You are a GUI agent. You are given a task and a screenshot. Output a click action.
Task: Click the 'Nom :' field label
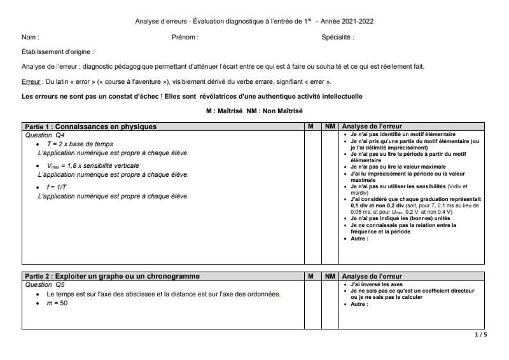point(30,38)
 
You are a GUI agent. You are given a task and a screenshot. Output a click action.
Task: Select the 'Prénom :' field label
point(185,38)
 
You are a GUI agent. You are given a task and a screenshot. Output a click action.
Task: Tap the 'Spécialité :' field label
point(338,38)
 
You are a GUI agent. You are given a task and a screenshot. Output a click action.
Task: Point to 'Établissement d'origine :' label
point(58,52)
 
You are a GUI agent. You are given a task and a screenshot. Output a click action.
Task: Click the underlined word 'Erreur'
point(31,82)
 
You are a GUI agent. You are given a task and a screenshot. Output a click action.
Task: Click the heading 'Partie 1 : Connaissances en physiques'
point(90,127)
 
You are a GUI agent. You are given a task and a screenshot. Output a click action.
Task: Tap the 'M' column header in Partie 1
point(310,127)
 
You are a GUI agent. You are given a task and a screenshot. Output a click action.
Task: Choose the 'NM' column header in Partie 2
point(330,276)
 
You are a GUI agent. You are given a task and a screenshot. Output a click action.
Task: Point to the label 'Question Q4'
point(45,135)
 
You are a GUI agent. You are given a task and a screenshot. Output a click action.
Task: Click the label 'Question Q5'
point(45,285)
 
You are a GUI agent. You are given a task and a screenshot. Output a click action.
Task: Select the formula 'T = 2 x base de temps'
point(80,144)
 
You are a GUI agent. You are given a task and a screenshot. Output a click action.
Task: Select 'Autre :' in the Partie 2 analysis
point(359,304)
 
